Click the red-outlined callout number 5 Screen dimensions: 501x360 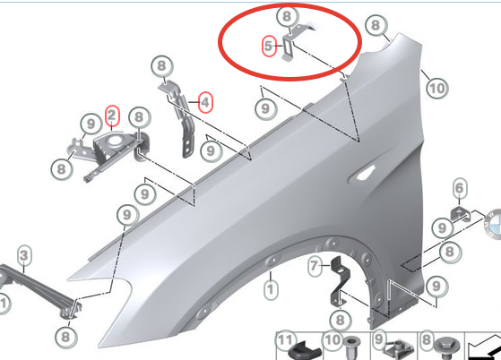point(269,46)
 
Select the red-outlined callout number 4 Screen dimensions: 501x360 point(205,102)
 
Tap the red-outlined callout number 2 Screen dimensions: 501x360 point(111,116)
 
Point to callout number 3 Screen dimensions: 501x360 point(24,255)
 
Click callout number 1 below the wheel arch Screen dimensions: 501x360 point(271,289)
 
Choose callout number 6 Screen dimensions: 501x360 point(459,188)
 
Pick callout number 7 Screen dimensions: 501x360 point(315,265)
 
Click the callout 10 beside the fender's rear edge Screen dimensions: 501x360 point(437,88)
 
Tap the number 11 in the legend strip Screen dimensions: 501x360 point(285,340)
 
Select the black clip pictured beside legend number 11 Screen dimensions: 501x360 point(305,351)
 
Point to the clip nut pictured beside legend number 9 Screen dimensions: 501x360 point(400,350)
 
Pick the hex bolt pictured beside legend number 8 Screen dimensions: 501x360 point(446,348)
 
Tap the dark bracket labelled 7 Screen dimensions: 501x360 point(340,281)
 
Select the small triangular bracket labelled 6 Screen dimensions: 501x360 point(461,214)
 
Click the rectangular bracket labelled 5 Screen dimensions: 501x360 point(288,47)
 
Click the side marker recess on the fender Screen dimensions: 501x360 point(364,174)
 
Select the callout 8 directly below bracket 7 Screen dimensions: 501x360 point(340,320)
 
